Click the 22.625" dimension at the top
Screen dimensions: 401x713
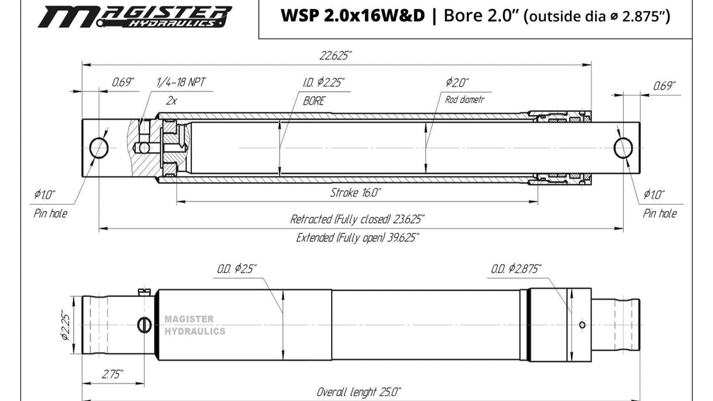pyautogui.click(x=336, y=56)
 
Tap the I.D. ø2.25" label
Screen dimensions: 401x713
pyautogui.click(x=323, y=83)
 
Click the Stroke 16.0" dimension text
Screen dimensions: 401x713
pyautogui.click(x=355, y=192)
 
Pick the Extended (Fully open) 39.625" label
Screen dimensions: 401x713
pyautogui.click(x=357, y=238)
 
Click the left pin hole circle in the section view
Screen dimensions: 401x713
pyautogui.click(x=99, y=148)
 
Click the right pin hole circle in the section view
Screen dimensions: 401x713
pyautogui.click(x=623, y=148)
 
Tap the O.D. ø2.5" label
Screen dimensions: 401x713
pyautogui.click(x=237, y=268)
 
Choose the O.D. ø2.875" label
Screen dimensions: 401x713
pyautogui.click(x=517, y=268)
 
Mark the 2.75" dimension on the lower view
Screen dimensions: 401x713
pyautogui.click(x=113, y=374)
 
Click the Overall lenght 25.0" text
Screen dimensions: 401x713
pyautogui.click(x=358, y=392)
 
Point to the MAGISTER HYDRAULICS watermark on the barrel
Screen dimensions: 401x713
pyautogui.click(x=195, y=326)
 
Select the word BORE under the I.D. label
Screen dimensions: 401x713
pyautogui.click(x=314, y=101)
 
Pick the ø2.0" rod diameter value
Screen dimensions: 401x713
pyautogui.click(x=457, y=83)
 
